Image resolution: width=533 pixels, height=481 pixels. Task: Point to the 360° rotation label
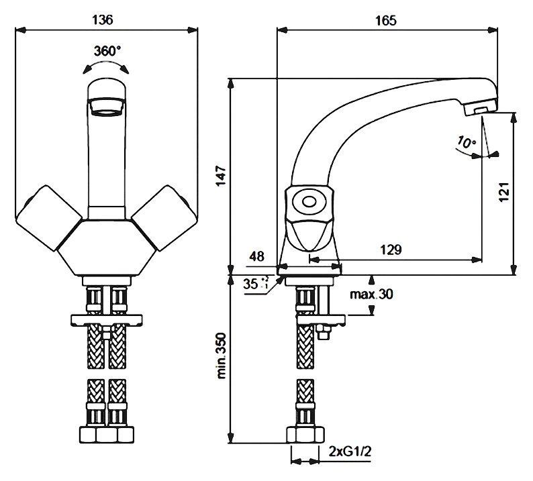pos(108,51)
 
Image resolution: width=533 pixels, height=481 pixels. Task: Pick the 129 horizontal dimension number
pos(391,250)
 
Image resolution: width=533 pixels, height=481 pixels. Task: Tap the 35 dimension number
pos(252,284)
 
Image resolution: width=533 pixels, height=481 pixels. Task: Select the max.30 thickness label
pos(372,295)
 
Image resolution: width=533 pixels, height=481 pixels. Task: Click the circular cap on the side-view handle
pos(309,201)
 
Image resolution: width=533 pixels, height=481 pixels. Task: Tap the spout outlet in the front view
pos(107,106)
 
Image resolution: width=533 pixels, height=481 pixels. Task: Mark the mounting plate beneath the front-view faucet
pos(107,319)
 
